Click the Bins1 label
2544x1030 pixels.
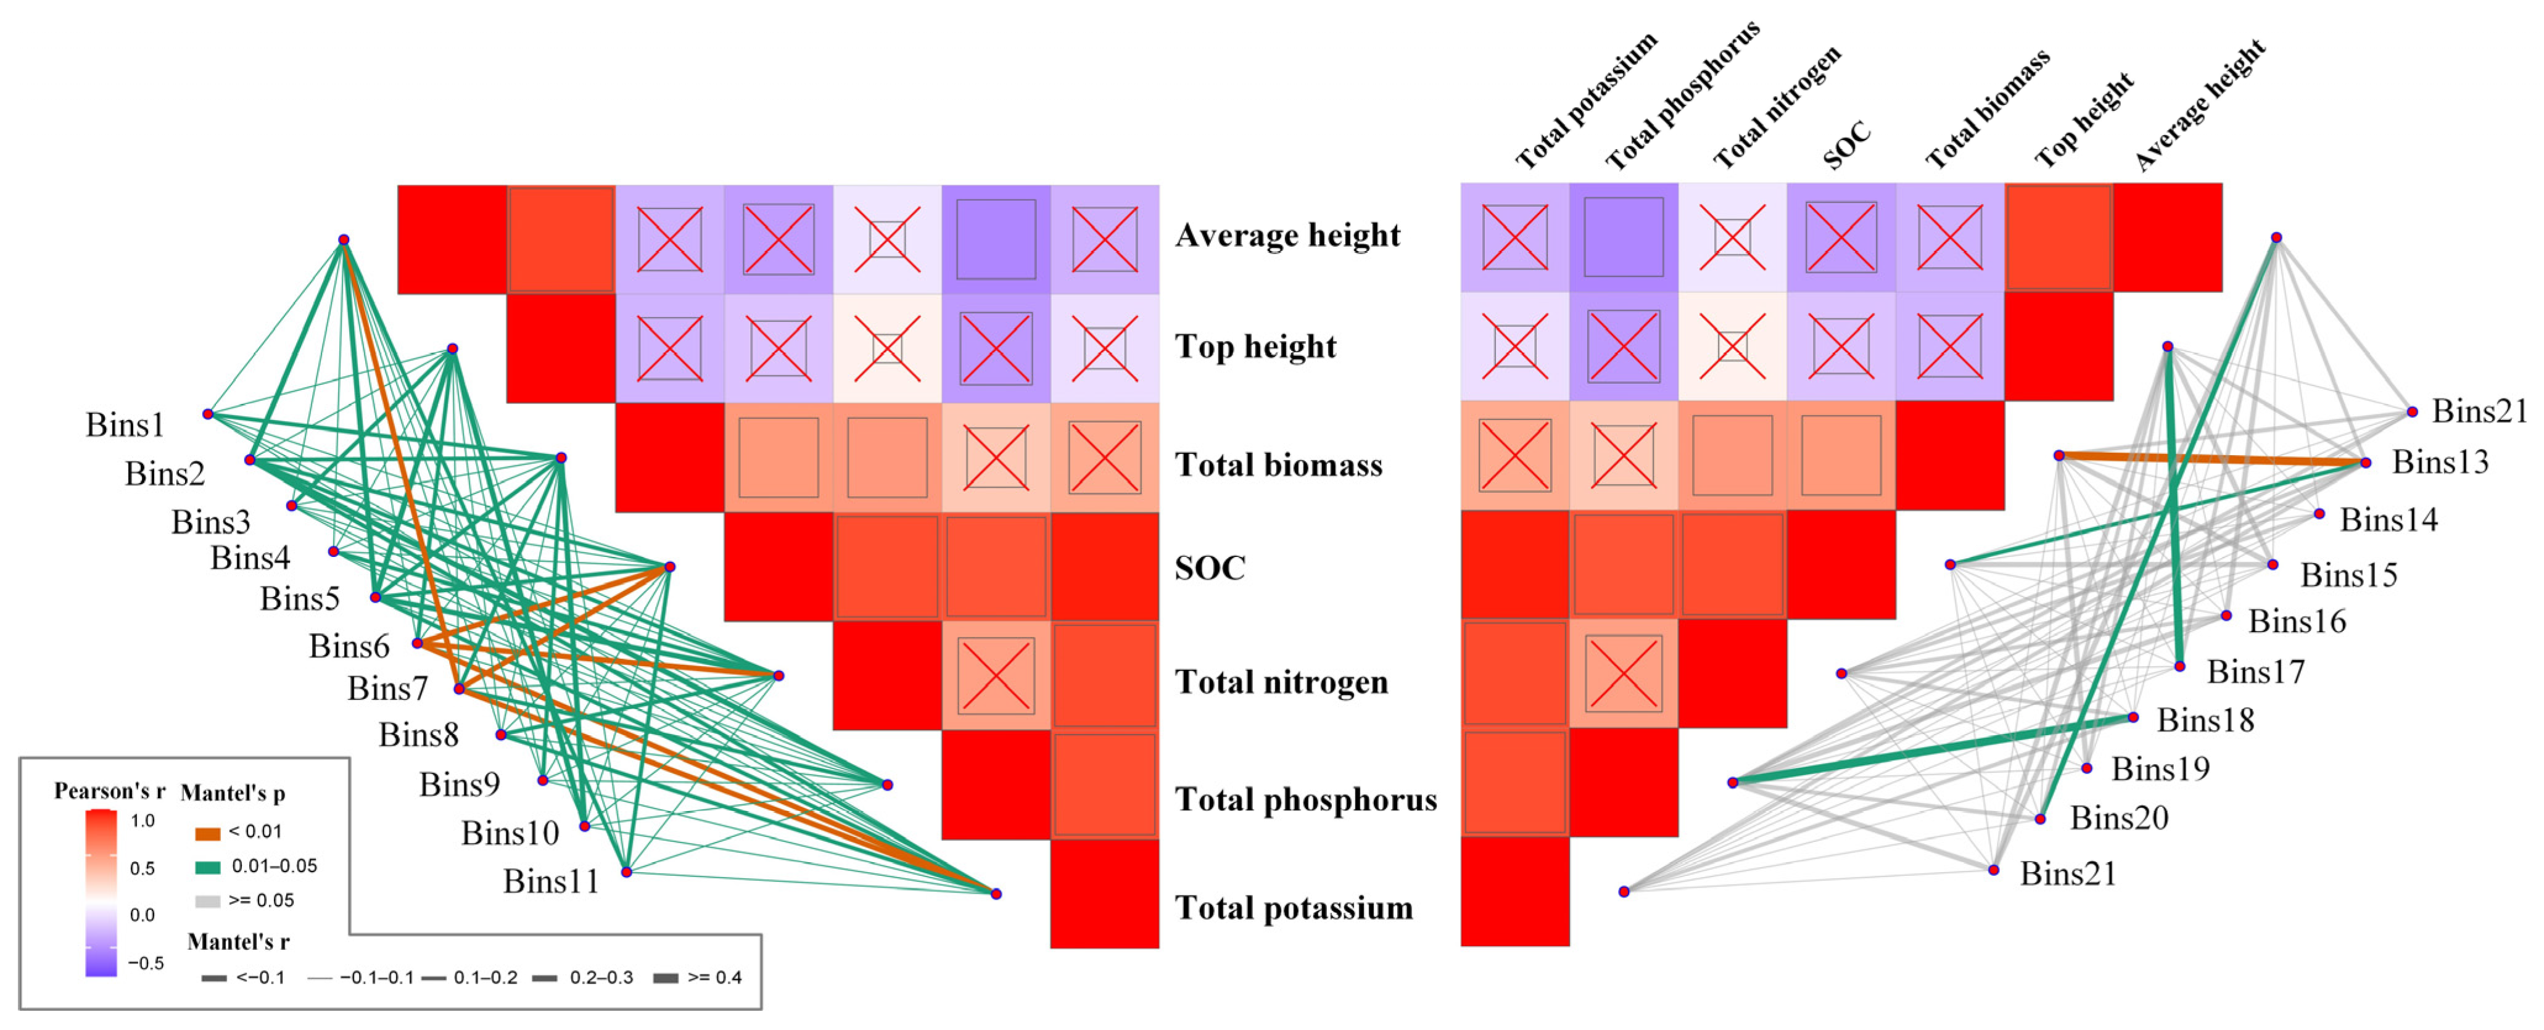click(x=125, y=424)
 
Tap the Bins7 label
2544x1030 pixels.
click(x=387, y=688)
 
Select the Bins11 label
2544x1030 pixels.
click(x=551, y=881)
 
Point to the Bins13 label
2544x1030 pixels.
click(x=2439, y=462)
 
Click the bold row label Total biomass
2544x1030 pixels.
click(x=1278, y=464)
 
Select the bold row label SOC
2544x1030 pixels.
click(x=1210, y=568)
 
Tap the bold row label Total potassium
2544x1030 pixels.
click(x=1294, y=907)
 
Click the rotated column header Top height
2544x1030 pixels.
click(x=2084, y=120)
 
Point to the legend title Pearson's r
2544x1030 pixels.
click(x=109, y=791)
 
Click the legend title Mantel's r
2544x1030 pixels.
click(x=238, y=941)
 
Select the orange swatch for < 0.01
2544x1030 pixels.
click(x=207, y=833)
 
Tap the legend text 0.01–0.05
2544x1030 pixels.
click(x=275, y=866)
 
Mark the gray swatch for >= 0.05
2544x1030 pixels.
click(x=207, y=900)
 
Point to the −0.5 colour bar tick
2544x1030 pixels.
click(x=145, y=963)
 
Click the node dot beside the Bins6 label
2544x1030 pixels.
click(x=418, y=643)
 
